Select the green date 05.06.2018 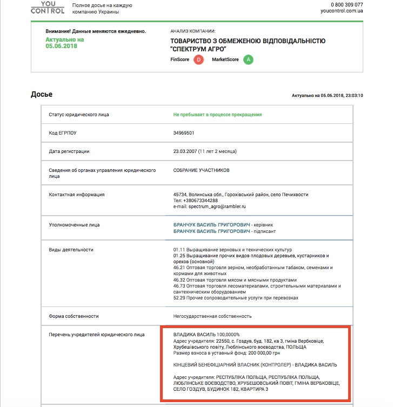click(62, 46)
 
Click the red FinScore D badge click(198, 59)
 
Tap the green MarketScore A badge click(248, 59)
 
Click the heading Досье click(42, 94)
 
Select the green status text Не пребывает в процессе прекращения click(217, 115)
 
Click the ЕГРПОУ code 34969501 click(184, 132)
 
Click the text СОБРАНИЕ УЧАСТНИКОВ click(201, 170)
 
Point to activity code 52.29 click(179, 297)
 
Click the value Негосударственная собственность click(212, 316)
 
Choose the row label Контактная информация click(77, 195)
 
